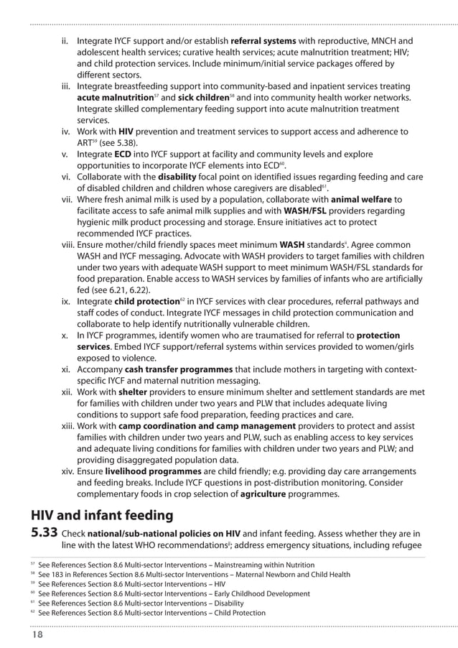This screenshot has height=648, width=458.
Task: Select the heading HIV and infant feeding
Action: (x=102, y=514)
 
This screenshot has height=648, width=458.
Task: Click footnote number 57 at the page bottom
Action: (x=33, y=565)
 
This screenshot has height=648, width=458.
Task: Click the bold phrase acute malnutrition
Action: (x=113, y=98)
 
